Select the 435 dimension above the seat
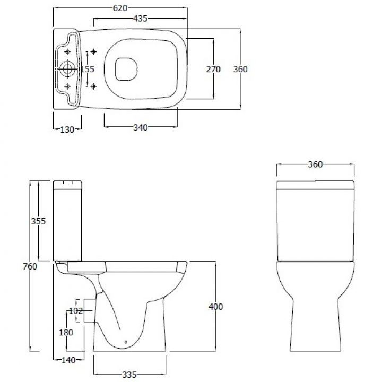point(141,19)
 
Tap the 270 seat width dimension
point(213,70)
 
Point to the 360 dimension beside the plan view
point(240,69)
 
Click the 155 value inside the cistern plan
point(88,69)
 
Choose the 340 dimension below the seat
point(141,127)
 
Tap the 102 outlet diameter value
point(76,311)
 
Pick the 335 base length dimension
point(129,375)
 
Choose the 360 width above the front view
point(315,164)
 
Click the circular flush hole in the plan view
point(67,68)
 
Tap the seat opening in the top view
point(125,69)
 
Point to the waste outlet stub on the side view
point(89,310)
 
